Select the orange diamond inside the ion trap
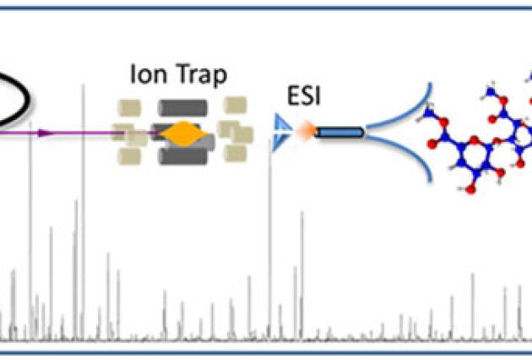[x=180, y=134]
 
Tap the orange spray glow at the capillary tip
[x=305, y=131]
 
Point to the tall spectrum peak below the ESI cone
[x=269, y=237]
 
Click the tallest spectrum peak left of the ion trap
[x=83, y=211]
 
